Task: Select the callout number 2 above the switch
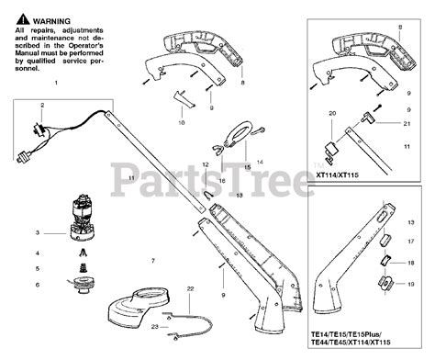(42, 106)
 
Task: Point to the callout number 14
(260, 162)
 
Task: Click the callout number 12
(206, 164)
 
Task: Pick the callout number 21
(407, 123)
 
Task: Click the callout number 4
(37, 251)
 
